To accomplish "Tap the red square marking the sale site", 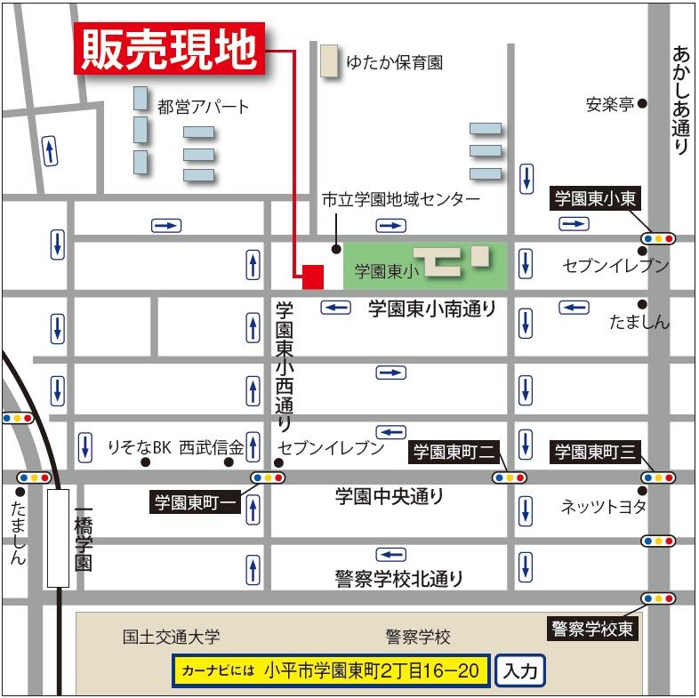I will click(312, 277).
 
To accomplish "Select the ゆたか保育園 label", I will click(394, 63).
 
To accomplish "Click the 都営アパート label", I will click(203, 108).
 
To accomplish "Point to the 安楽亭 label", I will click(609, 104).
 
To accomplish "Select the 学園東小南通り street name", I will click(431, 309).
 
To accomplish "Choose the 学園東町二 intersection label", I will click(452, 452).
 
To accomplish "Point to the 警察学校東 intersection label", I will click(592, 630).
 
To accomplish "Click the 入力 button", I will click(519, 671).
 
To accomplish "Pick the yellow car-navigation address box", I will click(331, 671).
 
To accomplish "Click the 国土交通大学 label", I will click(171, 638).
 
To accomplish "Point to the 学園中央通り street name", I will click(390, 496).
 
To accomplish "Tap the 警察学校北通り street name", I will click(399, 579).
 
